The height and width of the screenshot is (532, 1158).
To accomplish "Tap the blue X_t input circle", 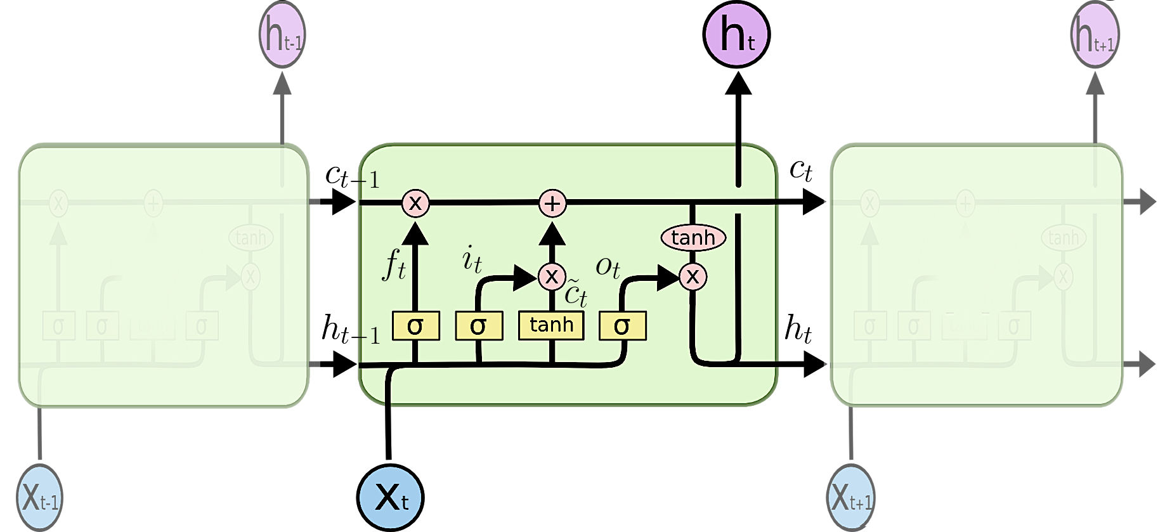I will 390,498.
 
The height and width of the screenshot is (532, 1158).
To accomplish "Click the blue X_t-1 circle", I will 39,498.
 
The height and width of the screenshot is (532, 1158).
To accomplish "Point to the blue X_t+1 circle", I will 851,498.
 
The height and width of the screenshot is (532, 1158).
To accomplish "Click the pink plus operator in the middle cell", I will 552,204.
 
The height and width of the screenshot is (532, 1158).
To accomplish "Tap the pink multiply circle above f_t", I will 415,204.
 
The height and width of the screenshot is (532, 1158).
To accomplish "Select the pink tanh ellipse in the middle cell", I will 693,238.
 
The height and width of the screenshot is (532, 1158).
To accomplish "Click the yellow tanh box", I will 551,325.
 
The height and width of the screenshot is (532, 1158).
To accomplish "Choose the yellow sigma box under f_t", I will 415,326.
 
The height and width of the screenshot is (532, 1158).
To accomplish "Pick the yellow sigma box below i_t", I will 479,326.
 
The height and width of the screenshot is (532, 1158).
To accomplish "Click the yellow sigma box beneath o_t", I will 622,326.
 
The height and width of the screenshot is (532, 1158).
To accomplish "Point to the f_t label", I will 393,266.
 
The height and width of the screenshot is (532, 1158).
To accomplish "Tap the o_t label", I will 608,267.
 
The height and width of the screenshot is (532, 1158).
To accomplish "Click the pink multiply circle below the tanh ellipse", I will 693,276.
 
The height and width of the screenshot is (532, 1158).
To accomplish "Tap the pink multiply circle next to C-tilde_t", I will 552,276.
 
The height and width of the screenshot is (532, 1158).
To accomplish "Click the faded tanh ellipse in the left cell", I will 251,238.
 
